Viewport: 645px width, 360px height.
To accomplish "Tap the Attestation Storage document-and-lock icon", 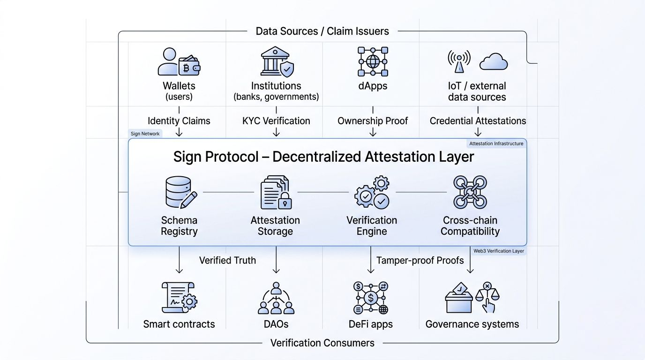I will pos(276,192).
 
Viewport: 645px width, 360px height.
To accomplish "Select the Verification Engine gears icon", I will pos(372,192).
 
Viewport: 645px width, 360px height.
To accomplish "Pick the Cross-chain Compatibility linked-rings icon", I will pos(470,192).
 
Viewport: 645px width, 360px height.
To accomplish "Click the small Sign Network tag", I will pos(145,134).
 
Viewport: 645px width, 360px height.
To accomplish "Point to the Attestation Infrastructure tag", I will pos(496,143).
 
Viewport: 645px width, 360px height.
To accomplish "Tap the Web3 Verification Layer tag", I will pos(498,251).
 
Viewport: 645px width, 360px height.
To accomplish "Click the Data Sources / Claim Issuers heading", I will pos(322,31).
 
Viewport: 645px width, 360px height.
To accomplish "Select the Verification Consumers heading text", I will pos(322,343).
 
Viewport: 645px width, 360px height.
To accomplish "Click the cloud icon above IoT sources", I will pos(494,61).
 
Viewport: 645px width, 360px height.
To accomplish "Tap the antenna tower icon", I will pos(459,61).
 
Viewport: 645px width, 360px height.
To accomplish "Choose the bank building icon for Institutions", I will pos(275,60).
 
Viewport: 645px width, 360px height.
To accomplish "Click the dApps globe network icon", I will pos(373,61).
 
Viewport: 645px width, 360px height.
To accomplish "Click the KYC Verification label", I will pos(276,120).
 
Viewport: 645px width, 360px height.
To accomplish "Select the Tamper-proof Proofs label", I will pos(420,260).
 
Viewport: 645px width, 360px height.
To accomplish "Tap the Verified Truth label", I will pos(227,260).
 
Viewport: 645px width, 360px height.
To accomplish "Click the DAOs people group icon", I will pos(276,298).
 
